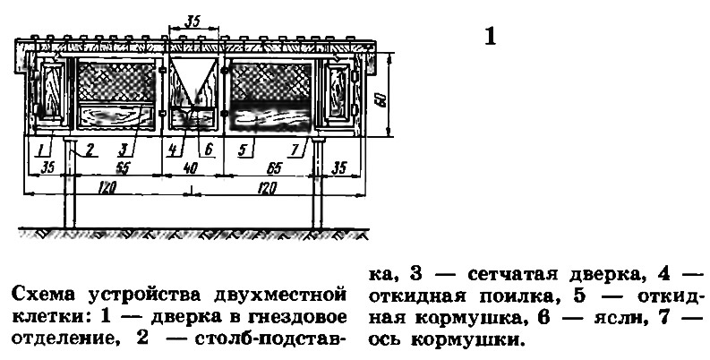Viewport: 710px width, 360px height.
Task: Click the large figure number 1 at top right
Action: [x=490, y=37]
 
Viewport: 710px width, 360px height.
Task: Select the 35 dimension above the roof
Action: [x=192, y=21]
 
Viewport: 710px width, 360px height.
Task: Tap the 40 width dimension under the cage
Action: [x=190, y=168]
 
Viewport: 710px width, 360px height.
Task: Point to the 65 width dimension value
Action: [x=273, y=168]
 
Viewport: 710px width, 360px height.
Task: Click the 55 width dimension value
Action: [x=123, y=168]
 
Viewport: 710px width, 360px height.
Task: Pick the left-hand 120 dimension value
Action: [x=107, y=187]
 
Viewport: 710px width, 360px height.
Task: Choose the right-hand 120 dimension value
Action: [x=267, y=187]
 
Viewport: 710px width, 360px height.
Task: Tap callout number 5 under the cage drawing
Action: [x=244, y=150]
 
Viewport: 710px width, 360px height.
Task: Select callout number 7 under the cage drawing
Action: [x=295, y=150]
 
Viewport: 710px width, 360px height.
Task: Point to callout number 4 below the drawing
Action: [x=174, y=150]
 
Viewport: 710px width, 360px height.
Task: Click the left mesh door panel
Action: [x=116, y=82]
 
